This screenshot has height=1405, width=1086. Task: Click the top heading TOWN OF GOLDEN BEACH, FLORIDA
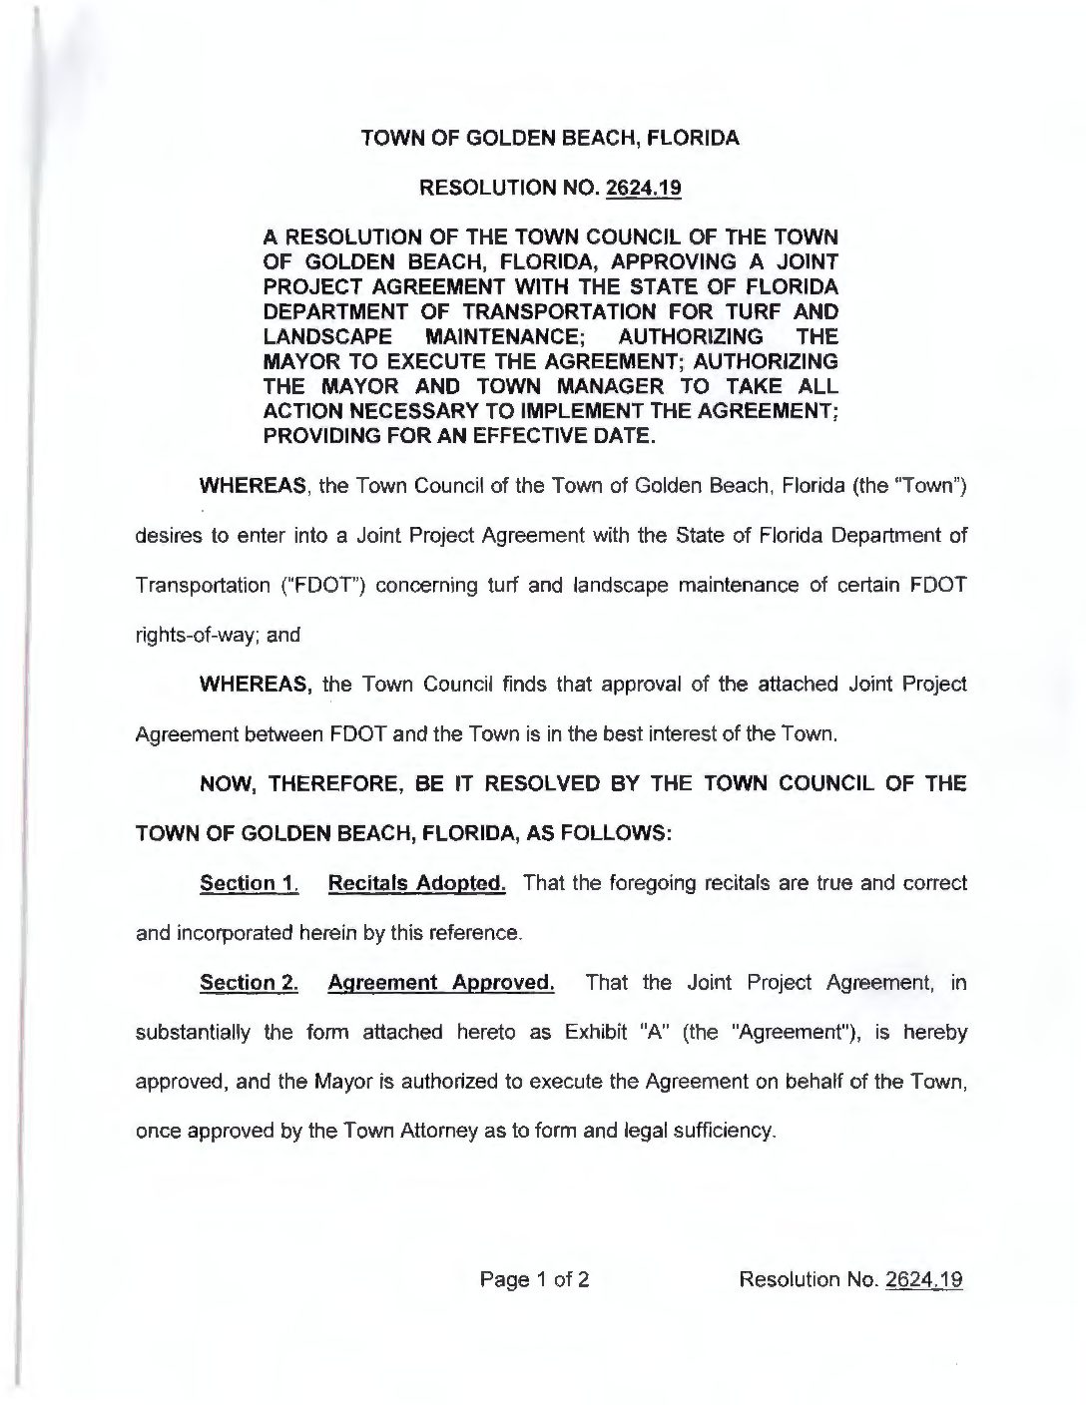pos(550,139)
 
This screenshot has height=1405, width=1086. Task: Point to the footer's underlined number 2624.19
pos(924,1279)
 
